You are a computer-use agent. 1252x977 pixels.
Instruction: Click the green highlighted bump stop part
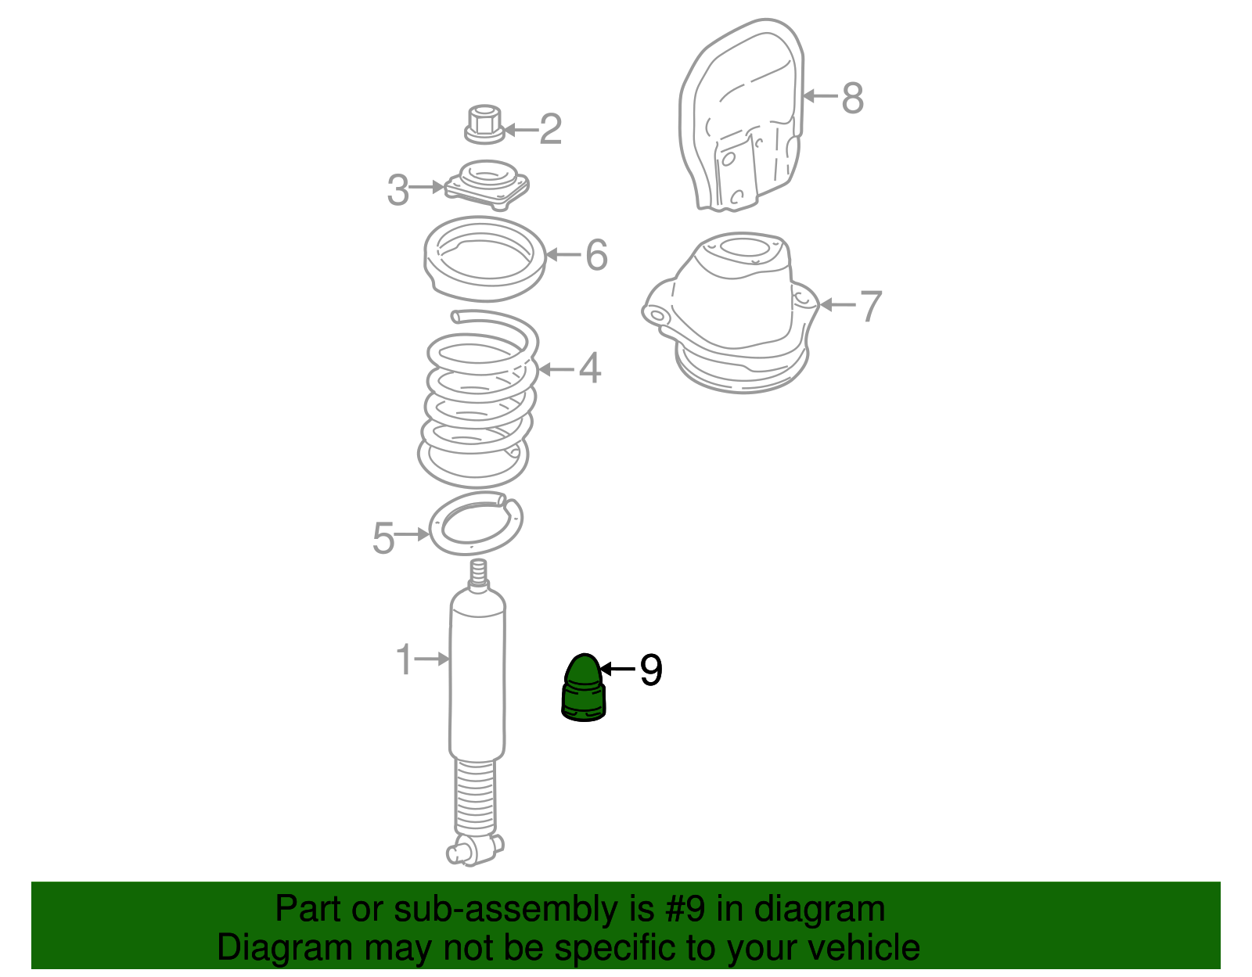point(584,688)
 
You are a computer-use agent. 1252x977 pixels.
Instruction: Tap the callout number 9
point(650,670)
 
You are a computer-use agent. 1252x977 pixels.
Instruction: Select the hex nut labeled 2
point(484,125)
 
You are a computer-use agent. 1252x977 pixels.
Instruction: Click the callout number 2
point(550,129)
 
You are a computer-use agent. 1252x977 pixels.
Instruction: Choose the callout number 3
point(398,190)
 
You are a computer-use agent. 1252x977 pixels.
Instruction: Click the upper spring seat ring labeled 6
point(484,258)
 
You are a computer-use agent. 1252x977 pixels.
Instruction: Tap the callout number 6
point(596,255)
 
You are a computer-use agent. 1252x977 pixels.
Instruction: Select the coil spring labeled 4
point(477,399)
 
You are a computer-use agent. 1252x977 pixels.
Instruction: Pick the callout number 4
point(590,368)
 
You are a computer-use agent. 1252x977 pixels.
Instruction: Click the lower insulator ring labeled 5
point(476,523)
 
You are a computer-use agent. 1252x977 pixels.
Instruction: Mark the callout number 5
point(383,538)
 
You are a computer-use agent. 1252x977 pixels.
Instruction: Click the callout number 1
point(404,660)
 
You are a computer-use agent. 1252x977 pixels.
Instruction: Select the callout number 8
point(852,99)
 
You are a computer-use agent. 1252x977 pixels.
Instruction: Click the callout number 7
point(871,306)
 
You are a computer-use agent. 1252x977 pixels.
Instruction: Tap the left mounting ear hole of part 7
point(656,314)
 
